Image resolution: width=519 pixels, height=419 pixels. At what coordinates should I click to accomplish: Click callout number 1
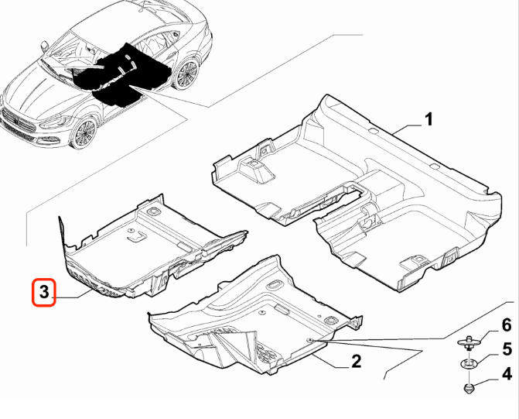(x=429, y=119)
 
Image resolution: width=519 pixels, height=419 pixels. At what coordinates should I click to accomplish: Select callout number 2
(x=356, y=361)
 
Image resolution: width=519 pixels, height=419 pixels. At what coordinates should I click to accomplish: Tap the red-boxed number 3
(x=43, y=293)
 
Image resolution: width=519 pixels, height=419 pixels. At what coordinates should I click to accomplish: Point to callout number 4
(x=507, y=374)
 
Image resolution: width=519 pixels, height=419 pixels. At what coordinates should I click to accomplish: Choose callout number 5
(x=507, y=349)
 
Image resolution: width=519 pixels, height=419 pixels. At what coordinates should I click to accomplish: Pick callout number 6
(x=507, y=325)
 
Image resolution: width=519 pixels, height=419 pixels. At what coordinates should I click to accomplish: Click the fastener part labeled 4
(x=469, y=388)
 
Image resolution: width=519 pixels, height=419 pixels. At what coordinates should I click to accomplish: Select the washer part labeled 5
(x=469, y=364)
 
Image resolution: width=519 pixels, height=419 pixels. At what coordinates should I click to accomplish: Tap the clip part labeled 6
(x=469, y=342)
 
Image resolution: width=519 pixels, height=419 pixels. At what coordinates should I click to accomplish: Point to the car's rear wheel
(x=186, y=74)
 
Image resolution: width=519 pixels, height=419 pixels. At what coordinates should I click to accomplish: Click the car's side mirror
(x=43, y=46)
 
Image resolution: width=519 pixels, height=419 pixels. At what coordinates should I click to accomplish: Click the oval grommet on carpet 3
(x=152, y=211)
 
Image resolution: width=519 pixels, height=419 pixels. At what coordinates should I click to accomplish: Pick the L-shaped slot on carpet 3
(x=137, y=236)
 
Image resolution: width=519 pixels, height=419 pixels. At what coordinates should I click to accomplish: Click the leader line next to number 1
(x=407, y=129)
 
